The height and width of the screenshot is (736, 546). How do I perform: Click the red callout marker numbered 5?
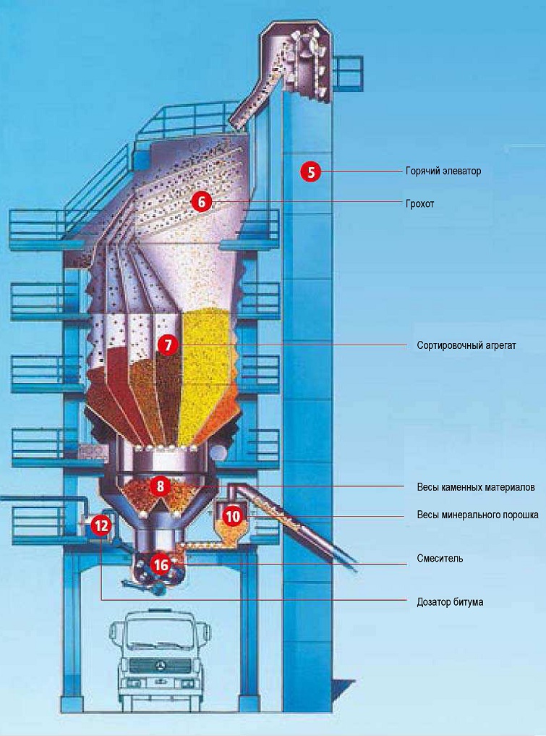click(x=311, y=172)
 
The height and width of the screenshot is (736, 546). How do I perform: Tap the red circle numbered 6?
click(x=201, y=203)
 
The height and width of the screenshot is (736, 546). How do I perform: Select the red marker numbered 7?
click(x=168, y=345)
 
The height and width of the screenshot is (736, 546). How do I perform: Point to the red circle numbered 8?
click(x=161, y=486)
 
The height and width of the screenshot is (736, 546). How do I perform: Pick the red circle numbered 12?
click(x=101, y=525)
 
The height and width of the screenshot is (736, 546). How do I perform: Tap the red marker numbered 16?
click(x=161, y=565)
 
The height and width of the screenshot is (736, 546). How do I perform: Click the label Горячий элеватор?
click(x=443, y=171)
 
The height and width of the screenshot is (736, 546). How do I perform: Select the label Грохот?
click(x=420, y=204)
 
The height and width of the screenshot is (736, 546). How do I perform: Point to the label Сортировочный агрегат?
click(x=466, y=345)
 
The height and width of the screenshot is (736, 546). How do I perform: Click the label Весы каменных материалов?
click(x=476, y=487)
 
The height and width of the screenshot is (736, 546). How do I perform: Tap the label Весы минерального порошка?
click(x=477, y=515)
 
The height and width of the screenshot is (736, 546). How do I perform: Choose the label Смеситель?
click(x=440, y=559)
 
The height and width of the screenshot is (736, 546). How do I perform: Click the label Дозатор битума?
click(x=450, y=602)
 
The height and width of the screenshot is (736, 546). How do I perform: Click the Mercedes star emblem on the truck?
click(x=160, y=666)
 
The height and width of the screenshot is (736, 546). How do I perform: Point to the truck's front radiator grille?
click(x=160, y=666)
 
